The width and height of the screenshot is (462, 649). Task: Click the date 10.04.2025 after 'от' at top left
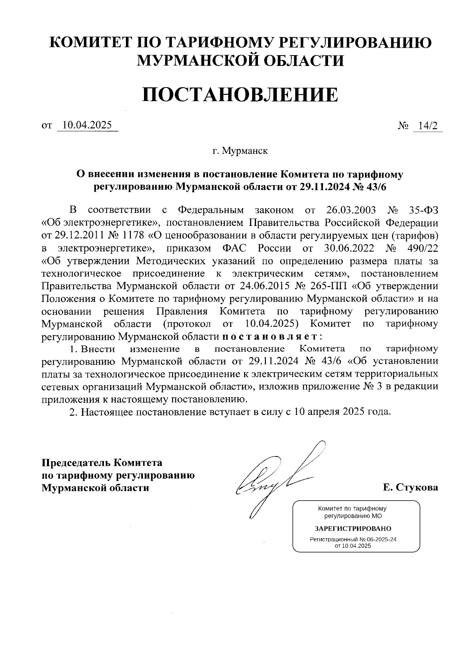tap(87, 125)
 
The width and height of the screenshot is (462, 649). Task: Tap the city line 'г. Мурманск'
tap(240, 151)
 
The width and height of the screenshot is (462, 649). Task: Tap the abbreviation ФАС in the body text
tap(234, 248)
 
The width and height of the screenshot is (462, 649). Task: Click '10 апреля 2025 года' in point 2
tap(342, 411)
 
